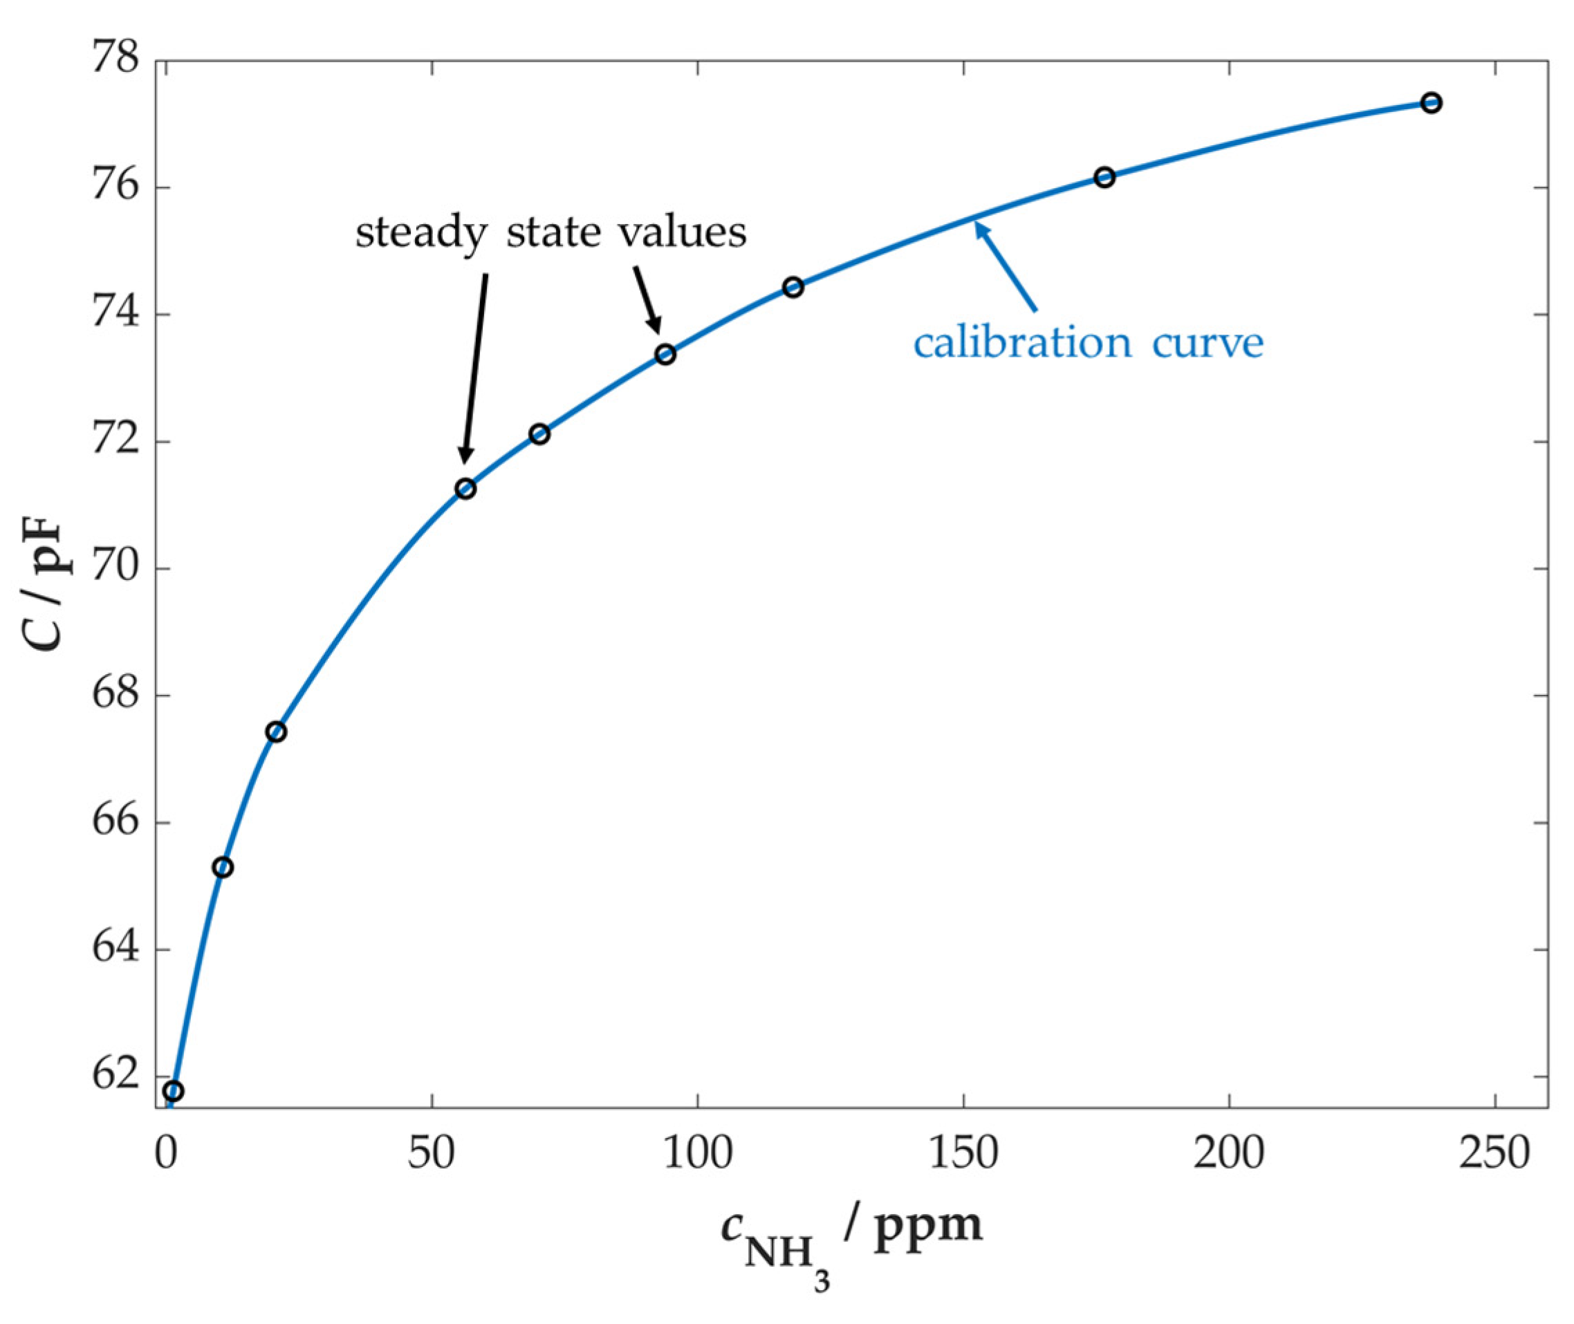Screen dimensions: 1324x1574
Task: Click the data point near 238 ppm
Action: (1431, 103)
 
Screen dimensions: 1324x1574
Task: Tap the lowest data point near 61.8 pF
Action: (174, 1090)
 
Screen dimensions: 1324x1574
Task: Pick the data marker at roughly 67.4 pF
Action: (276, 731)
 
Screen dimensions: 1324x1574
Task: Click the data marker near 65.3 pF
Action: (223, 868)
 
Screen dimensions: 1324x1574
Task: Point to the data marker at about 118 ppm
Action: (793, 288)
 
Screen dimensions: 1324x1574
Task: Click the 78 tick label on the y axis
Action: (115, 60)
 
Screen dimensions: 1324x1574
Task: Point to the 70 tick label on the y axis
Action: (115, 568)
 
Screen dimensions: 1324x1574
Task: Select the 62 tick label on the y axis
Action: (115, 1076)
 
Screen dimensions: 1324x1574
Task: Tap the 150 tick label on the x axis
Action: (963, 1154)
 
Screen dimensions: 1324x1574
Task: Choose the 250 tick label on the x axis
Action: (1494, 1154)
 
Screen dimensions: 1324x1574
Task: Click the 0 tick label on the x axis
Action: (165, 1154)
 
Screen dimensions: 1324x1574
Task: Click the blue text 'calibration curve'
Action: (1089, 343)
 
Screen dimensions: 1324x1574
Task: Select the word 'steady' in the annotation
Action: (421, 234)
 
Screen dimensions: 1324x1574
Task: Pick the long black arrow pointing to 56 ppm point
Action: (476, 368)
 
